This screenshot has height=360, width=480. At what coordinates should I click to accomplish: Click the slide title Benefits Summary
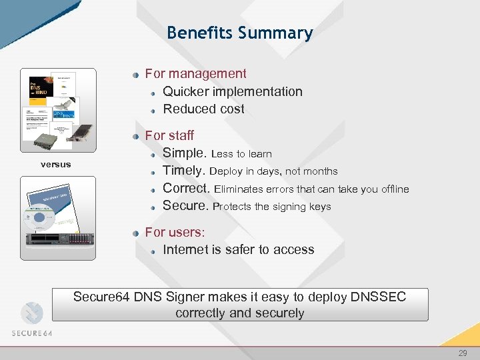click(x=239, y=33)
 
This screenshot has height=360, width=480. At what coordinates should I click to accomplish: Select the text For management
click(x=195, y=74)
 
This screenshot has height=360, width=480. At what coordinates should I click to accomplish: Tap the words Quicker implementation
click(x=232, y=91)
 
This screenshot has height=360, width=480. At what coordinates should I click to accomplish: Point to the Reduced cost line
click(x=203, y=109)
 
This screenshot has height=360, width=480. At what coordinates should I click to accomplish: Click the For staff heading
click(x=169, y=135)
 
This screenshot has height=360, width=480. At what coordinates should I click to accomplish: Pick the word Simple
click(x=185, y=153)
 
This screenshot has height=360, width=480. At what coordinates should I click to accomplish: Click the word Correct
click(x=186, y=189)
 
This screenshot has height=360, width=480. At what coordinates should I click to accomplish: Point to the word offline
click(x=394, y=189)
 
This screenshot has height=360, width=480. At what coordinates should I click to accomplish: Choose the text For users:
click(x=175, y=232)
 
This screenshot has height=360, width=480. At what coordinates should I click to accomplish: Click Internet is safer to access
click(x=238, y=249)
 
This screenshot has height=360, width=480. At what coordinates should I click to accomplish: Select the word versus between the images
click(x=55, y=164)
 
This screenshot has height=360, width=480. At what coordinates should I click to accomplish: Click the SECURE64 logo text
click(x=31, y=333)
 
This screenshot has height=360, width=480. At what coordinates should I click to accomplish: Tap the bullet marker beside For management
click(x=136, y=75)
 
